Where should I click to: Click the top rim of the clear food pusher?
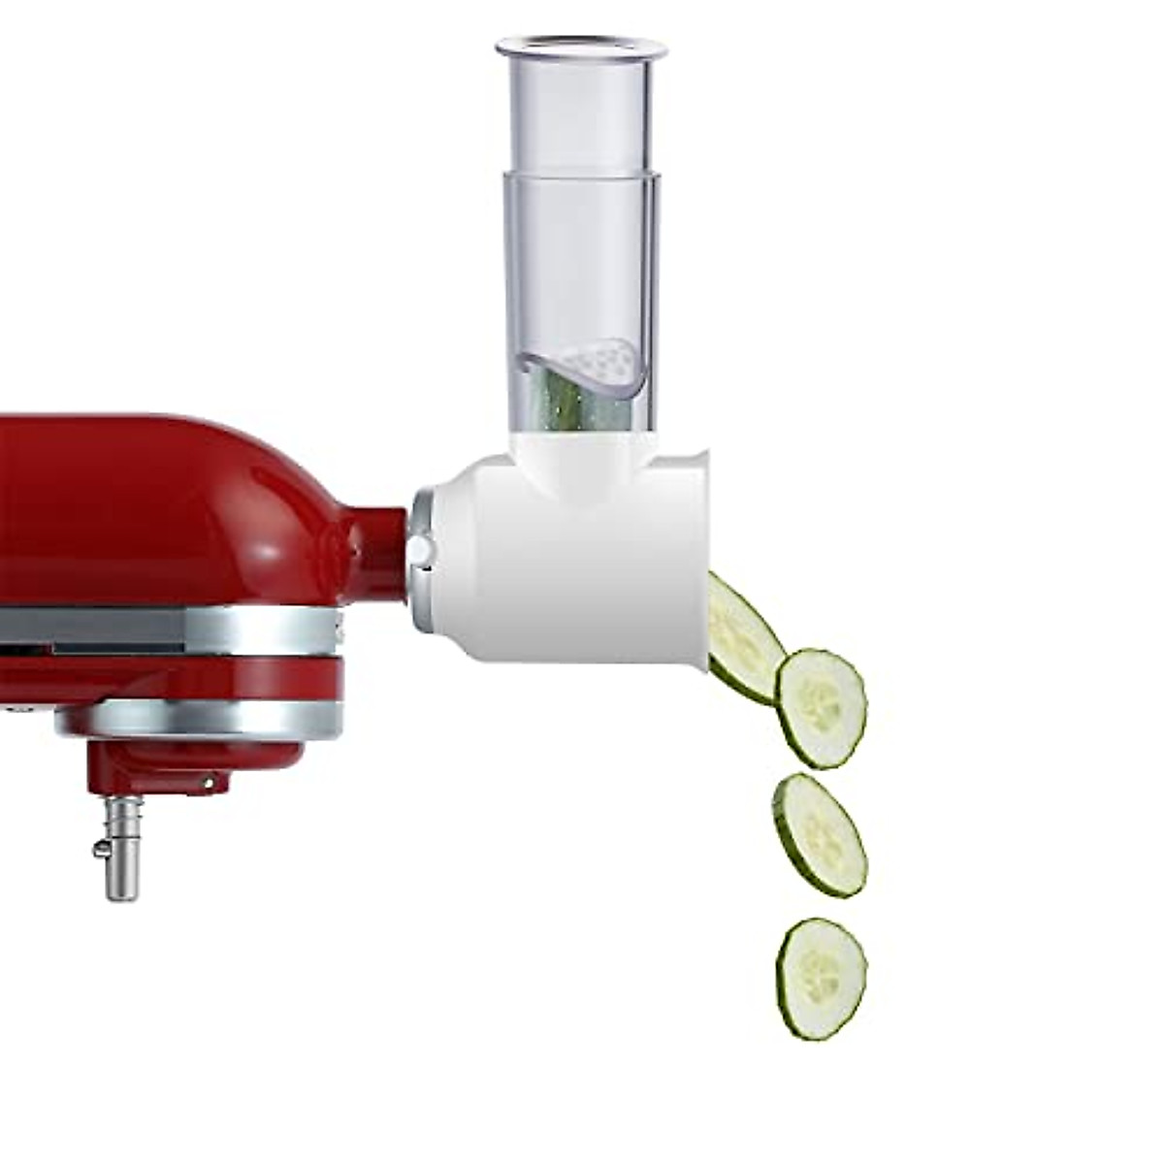(580, 46)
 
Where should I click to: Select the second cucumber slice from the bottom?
(820, 834)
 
